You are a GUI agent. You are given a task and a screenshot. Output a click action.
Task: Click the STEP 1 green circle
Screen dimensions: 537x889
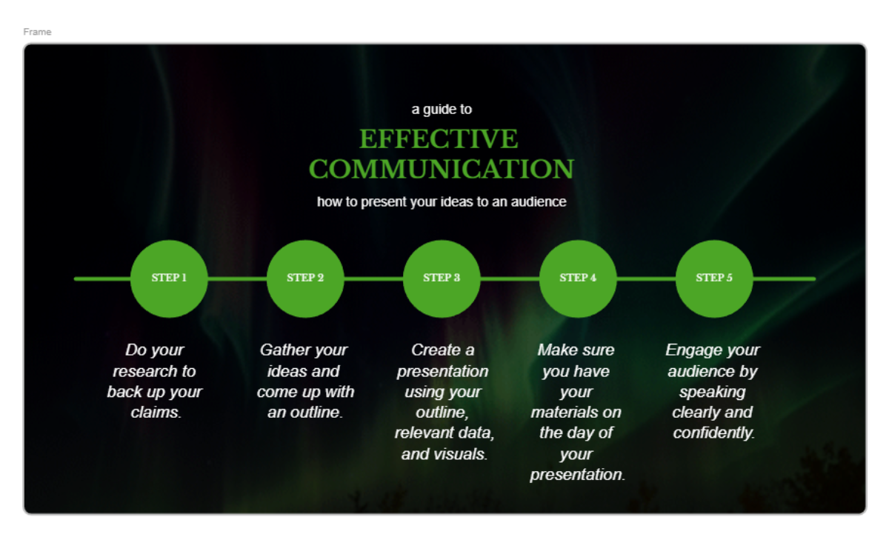point(169,278)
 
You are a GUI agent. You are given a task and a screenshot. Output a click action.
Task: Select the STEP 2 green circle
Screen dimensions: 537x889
point(305,278)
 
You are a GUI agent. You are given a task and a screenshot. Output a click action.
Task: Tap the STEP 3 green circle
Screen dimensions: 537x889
point(442,278)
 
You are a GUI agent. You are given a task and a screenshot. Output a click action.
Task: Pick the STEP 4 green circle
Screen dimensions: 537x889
point(578,278)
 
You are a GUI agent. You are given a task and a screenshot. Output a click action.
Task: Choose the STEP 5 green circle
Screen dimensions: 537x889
point(714,278)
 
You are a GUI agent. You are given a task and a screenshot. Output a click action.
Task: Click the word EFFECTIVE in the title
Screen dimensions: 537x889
point(439,139)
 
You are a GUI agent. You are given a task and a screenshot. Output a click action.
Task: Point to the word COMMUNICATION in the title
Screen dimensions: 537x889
point(442,169)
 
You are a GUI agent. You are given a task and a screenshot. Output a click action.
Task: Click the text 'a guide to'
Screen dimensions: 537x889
point(442,110)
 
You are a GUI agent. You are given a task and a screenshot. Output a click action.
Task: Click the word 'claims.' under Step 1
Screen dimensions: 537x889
point(156,413)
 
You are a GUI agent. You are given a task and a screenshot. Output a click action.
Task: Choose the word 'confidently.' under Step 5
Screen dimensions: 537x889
point(713,433)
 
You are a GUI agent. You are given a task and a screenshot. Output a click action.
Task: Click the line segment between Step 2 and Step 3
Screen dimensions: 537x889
point(373,278)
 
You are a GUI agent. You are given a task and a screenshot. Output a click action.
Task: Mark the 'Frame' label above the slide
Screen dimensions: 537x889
point(37,32)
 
